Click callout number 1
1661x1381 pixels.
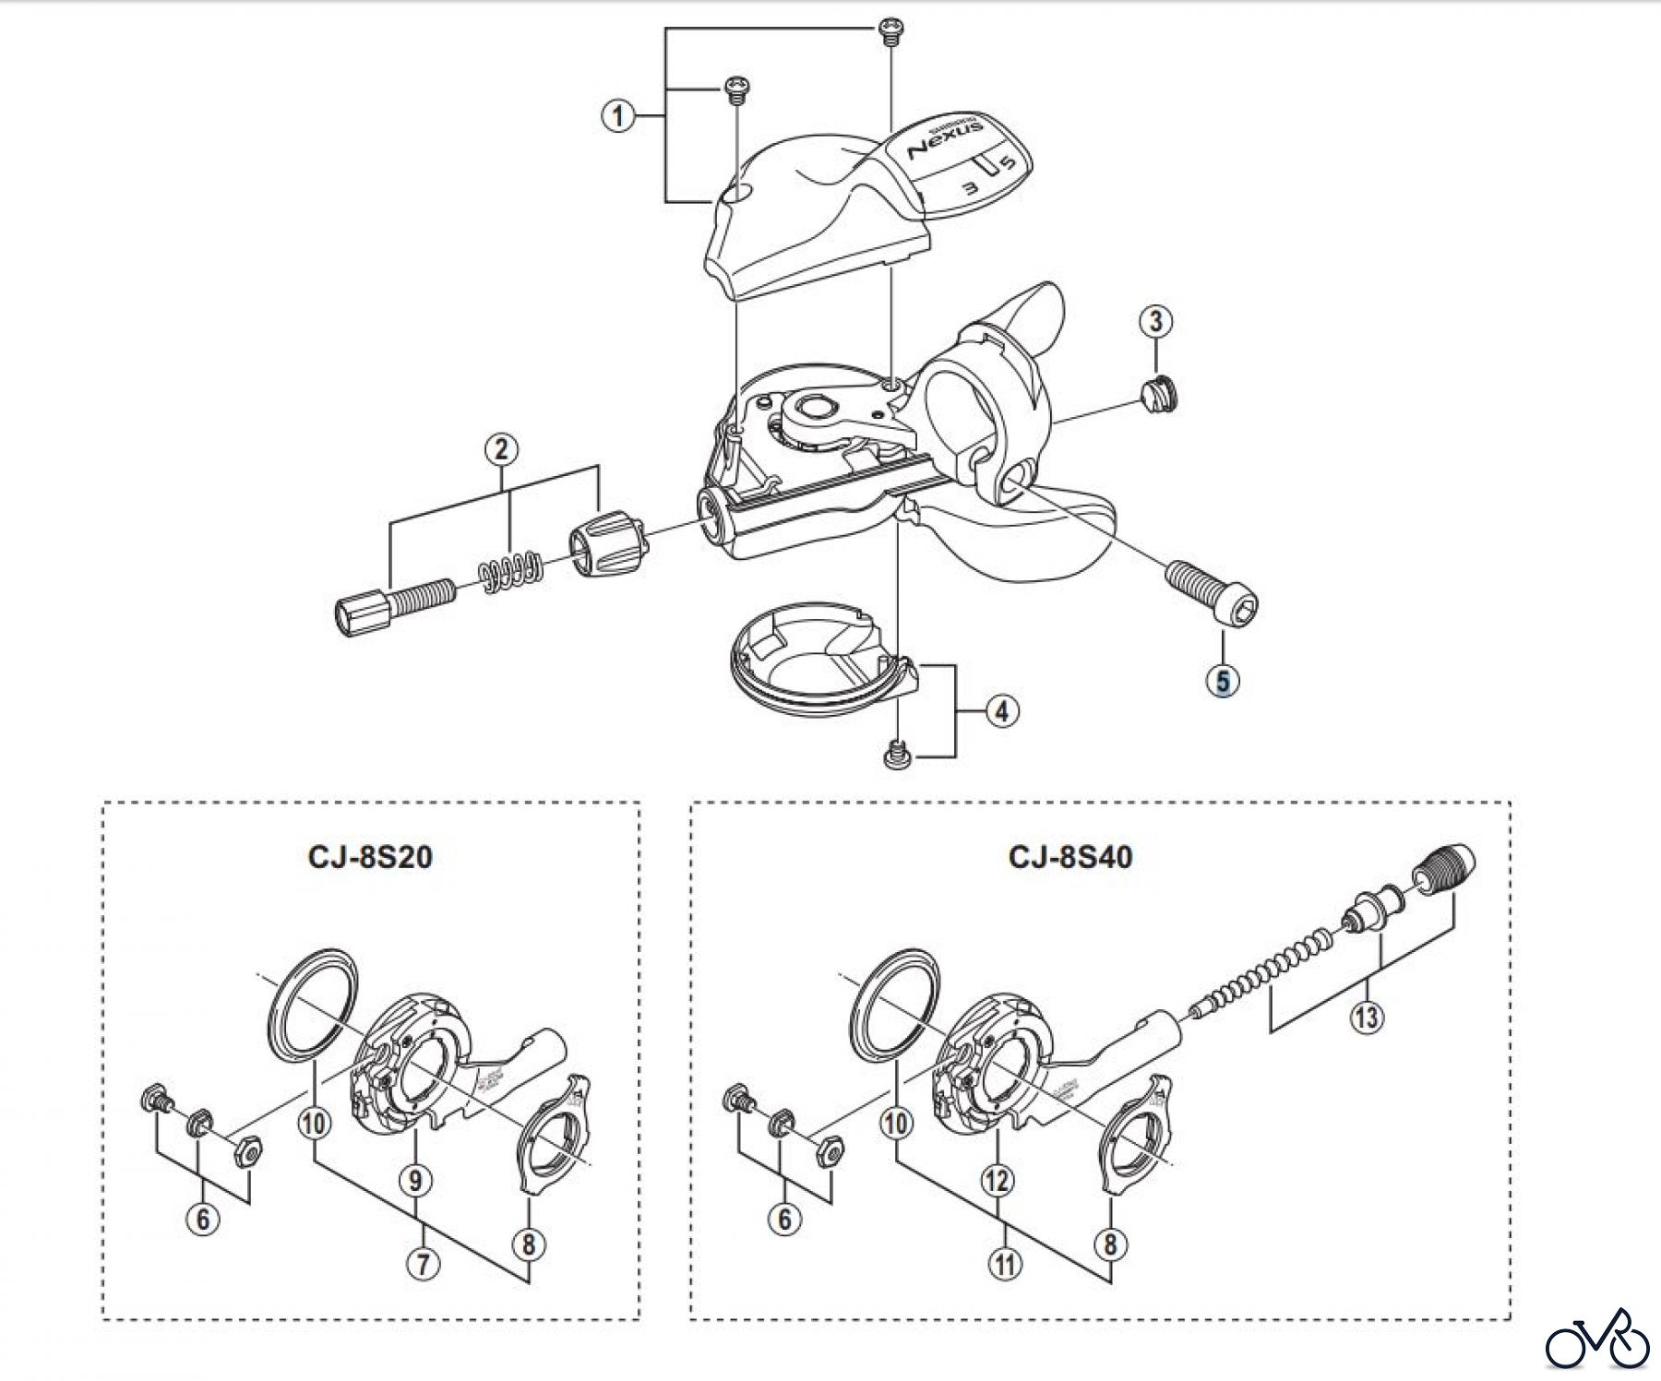618,117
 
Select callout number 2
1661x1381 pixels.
501,450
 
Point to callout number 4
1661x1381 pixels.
1002,710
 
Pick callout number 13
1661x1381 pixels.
1367,1018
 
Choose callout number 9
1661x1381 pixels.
416,1179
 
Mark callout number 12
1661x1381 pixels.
998,1179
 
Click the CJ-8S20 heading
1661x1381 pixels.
370,857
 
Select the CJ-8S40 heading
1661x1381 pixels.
1070,857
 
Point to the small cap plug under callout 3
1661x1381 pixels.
1160,397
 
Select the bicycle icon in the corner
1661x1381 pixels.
1597,1340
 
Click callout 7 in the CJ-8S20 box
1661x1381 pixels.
424,1263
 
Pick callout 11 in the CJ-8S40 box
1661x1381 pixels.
1005,1263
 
